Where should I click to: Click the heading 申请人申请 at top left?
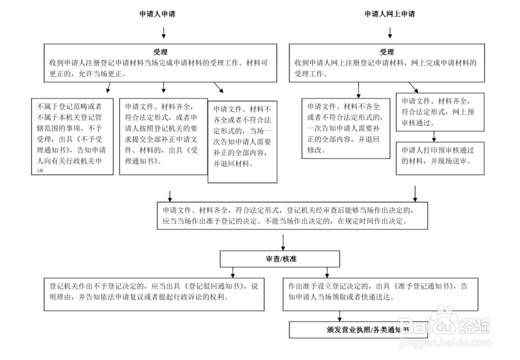(x=157, y=15)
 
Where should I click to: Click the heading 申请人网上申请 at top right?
(x=389, y=15)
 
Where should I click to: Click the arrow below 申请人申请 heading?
(x=164, y=33)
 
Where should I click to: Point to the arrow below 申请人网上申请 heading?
(x=390, y=33)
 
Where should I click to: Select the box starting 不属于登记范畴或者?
(x=72, y=136)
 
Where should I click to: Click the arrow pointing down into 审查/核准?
(x=282, y=242)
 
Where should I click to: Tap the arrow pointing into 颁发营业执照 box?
(x=340, y=315)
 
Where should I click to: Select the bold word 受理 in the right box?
(x=387, y=52)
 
